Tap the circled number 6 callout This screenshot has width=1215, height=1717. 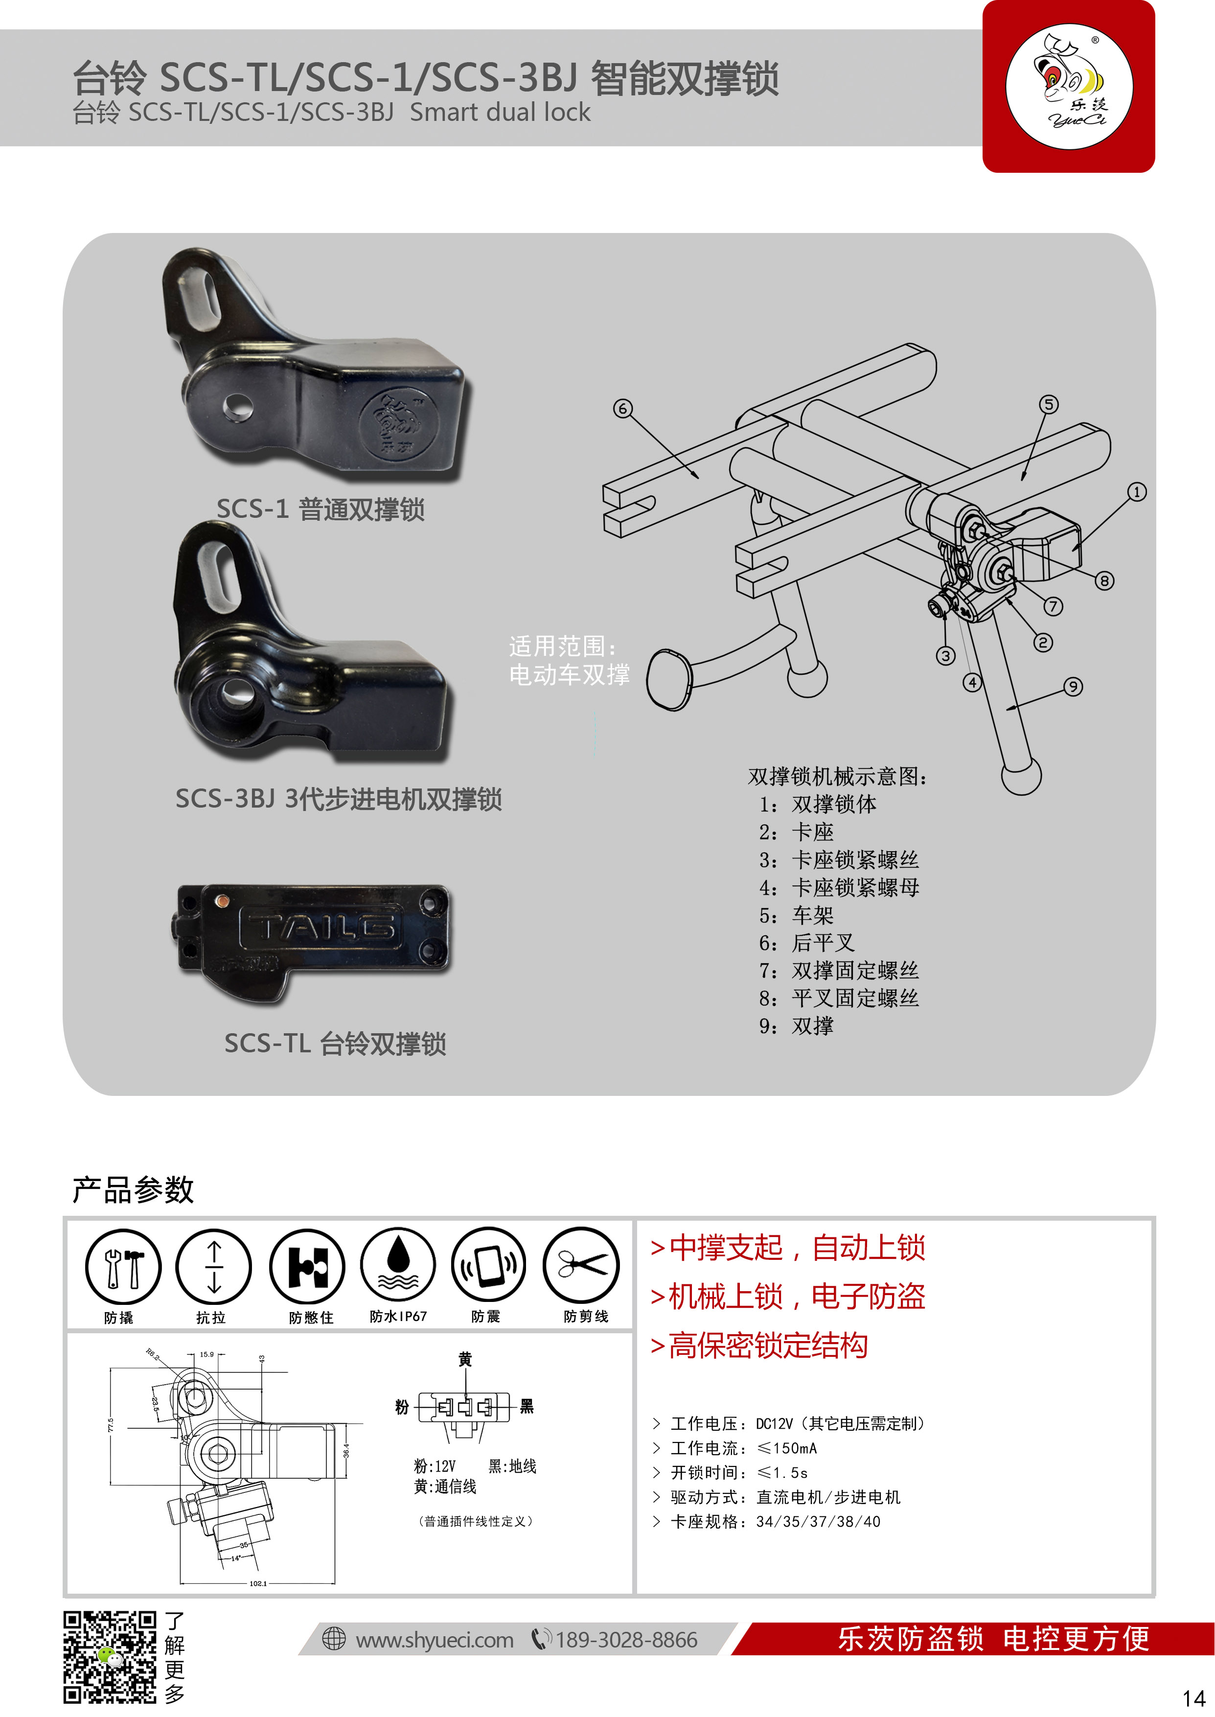[622, 409]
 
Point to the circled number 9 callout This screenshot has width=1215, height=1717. [1073, 687]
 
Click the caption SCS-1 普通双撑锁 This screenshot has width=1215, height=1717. [320, 510]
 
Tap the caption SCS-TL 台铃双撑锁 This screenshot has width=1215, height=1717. [335, 1044]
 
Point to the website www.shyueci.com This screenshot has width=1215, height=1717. [434, 1641]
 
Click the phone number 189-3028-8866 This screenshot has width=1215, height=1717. [626, 1641]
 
